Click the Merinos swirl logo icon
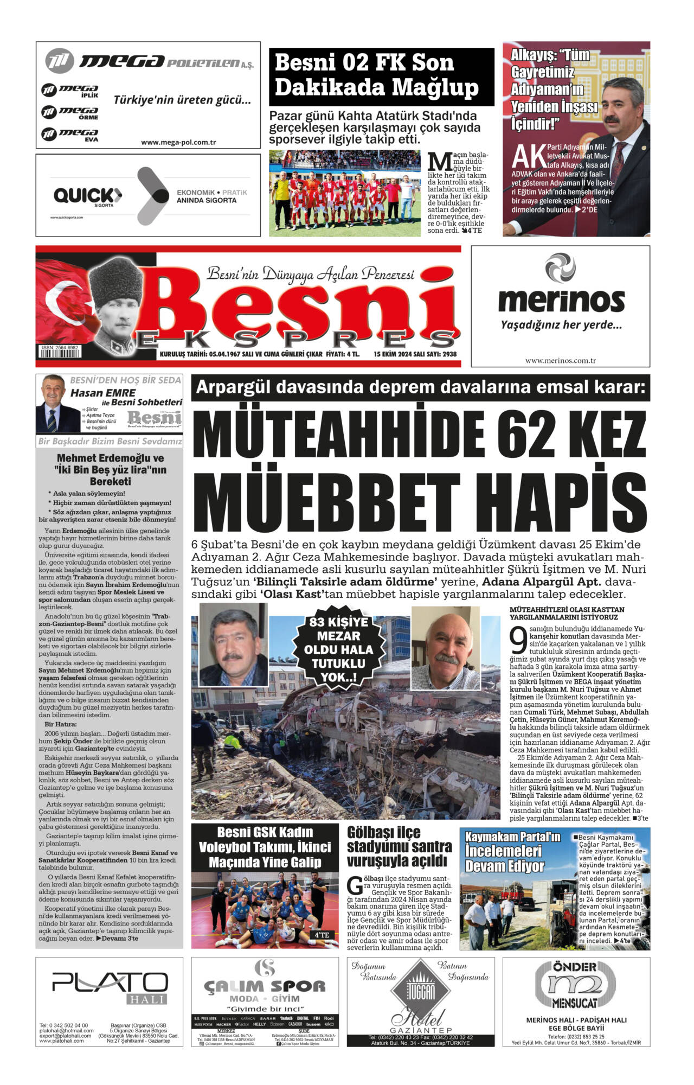(560, 268)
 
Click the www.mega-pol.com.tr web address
(178, 142)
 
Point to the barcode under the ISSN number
(59, 353)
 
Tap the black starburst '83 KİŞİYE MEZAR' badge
(338, 649)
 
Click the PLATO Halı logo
(110, 984)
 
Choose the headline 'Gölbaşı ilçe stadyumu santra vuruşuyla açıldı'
(399, 846)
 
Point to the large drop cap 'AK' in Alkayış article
(529, 156)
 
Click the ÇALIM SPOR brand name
(265, 985)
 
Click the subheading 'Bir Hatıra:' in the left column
(61, 724)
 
